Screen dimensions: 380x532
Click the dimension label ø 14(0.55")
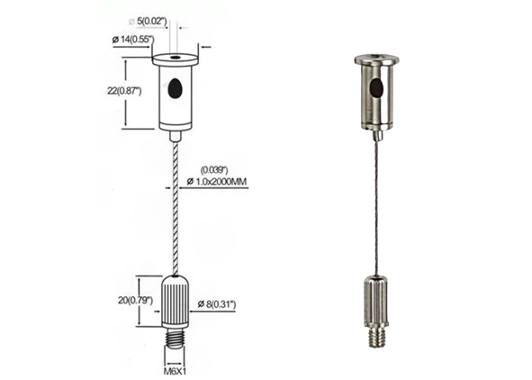tap(132, 40)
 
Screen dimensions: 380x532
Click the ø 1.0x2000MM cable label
tap(217, 182)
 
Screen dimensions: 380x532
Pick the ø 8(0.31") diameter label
tap(217, 305)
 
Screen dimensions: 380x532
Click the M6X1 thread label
tap(175, 368)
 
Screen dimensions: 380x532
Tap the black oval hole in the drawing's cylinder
tap(175, 88)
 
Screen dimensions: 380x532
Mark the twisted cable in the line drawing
tap(176, 207)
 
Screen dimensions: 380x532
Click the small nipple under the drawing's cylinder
tap(176, 136)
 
